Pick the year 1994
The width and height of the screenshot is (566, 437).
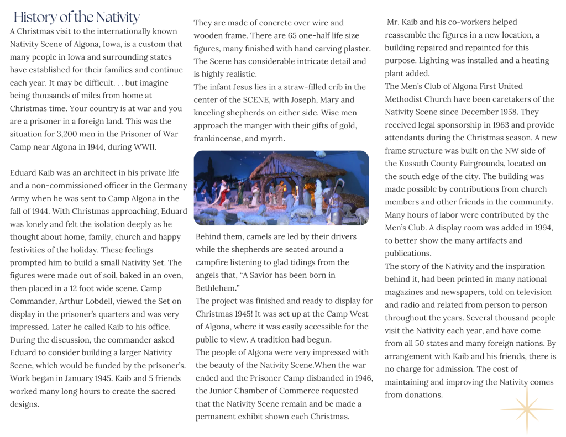click(x=541, y=228)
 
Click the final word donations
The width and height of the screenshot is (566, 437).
click(x=423, y=394)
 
